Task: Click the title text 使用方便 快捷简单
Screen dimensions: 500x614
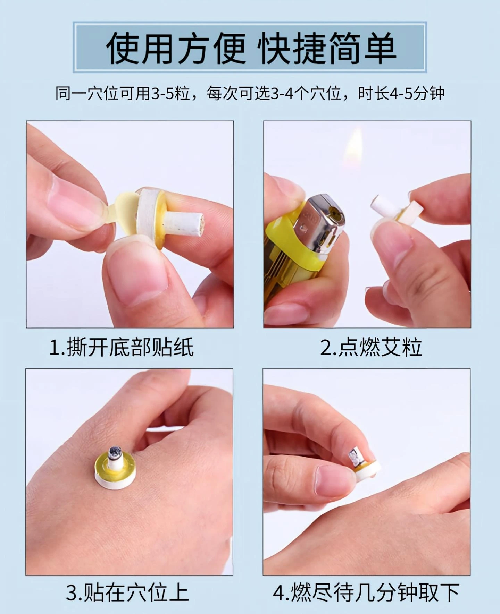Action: (251, 48)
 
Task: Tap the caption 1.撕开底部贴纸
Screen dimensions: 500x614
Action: (122, 347)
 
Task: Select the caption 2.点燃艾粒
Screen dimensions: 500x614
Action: (371, 347)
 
